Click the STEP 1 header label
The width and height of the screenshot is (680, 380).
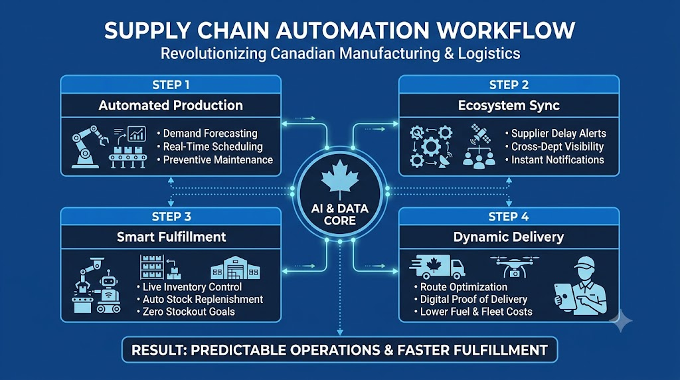(171, 85)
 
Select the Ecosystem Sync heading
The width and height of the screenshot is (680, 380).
(509, 106)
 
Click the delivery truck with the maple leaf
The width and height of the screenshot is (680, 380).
(437, 267)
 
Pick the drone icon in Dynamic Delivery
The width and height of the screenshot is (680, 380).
(515, 266)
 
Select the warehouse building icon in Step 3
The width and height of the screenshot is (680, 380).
(235, 268)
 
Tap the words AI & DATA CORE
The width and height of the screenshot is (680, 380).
(340, 215)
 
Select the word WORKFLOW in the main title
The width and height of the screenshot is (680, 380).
(505, 31)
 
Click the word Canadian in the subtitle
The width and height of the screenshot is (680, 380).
(303, 53)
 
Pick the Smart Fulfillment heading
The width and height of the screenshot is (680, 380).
(171, 237)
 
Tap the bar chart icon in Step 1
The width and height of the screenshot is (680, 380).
(137, 134)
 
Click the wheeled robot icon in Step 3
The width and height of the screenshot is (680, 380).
(108, 292)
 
